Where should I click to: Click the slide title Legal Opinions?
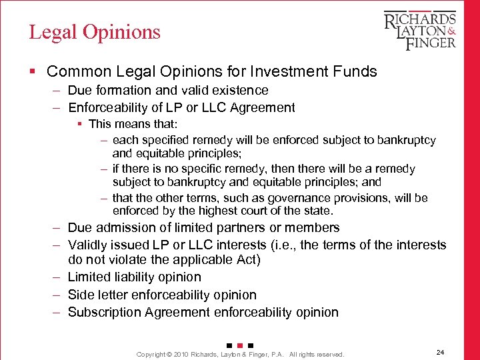pyautogui.click(x=95, y=32)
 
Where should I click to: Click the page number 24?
pyautogui.click(x=440, y=352)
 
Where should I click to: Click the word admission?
pyautogui.click(x=121, y=228)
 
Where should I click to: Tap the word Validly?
pyautogui.click(x=89, y=245)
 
